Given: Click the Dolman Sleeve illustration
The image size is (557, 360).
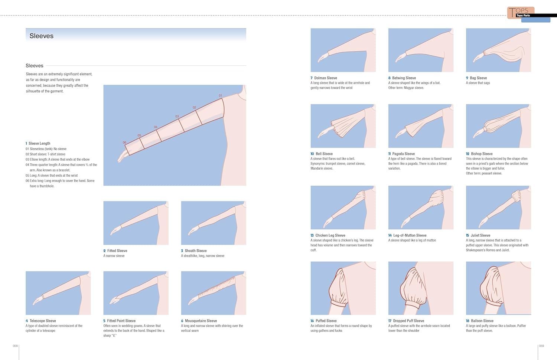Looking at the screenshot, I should click(343, 50).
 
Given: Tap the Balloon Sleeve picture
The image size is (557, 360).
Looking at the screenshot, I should click(498, 288).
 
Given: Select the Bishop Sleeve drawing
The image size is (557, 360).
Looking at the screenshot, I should click(498, 126).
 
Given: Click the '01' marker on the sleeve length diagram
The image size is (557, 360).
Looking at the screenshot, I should click(220, 96).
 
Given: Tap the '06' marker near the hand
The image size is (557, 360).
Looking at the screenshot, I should click(125, 143).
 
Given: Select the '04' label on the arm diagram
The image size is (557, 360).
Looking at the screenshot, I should click(156, 127).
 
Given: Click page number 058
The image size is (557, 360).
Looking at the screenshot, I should click(15, 346).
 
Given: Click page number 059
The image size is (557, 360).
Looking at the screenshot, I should click(541, 346).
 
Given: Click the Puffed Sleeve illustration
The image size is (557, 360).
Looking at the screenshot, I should click(343, 288).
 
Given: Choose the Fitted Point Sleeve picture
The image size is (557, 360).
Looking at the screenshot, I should click(136, 293).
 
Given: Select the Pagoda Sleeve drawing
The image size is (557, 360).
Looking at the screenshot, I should click(421, 126).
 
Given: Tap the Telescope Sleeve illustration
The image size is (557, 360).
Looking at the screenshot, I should click(58, 293).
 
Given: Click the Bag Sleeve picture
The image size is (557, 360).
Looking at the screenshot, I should click(498, 50).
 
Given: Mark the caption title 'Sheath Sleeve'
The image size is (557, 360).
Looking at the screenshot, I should click(196, 251).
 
